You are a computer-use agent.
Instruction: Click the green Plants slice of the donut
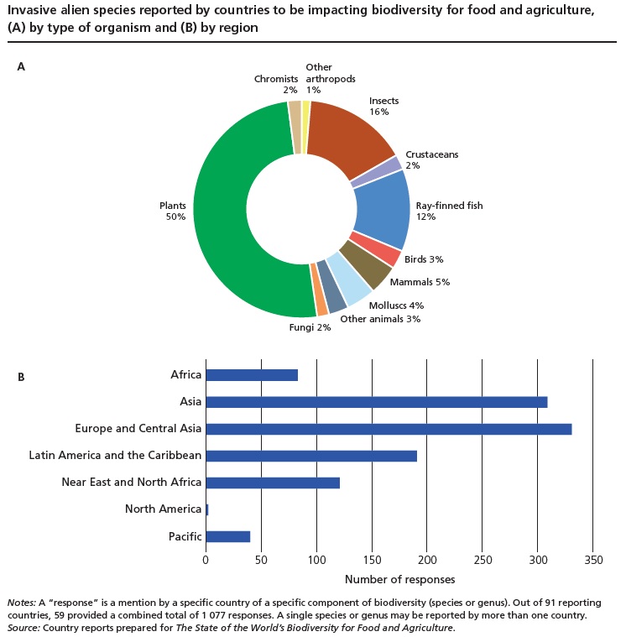click(x=222, y=210)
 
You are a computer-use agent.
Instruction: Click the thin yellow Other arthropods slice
click(x=306, y=127)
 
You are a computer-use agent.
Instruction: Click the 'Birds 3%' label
click(x=424, y=260)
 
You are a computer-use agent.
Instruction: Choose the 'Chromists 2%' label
click(x=276, y=84)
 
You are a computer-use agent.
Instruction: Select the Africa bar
click(x=251, y=375)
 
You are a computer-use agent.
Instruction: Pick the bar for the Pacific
click(x=227, y=536)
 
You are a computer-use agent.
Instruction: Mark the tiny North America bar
click(x=206, y=509)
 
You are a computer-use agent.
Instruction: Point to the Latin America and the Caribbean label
click(x=115, y=456)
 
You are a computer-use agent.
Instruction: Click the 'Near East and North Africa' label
click(x=131, y=483)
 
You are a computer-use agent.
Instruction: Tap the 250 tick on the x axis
click(x=483, y=560)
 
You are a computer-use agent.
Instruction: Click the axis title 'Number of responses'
click(x=399, y=580)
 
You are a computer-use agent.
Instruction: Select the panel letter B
click(x=21, y=377)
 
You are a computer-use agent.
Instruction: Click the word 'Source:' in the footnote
click(x=23, y=628)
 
